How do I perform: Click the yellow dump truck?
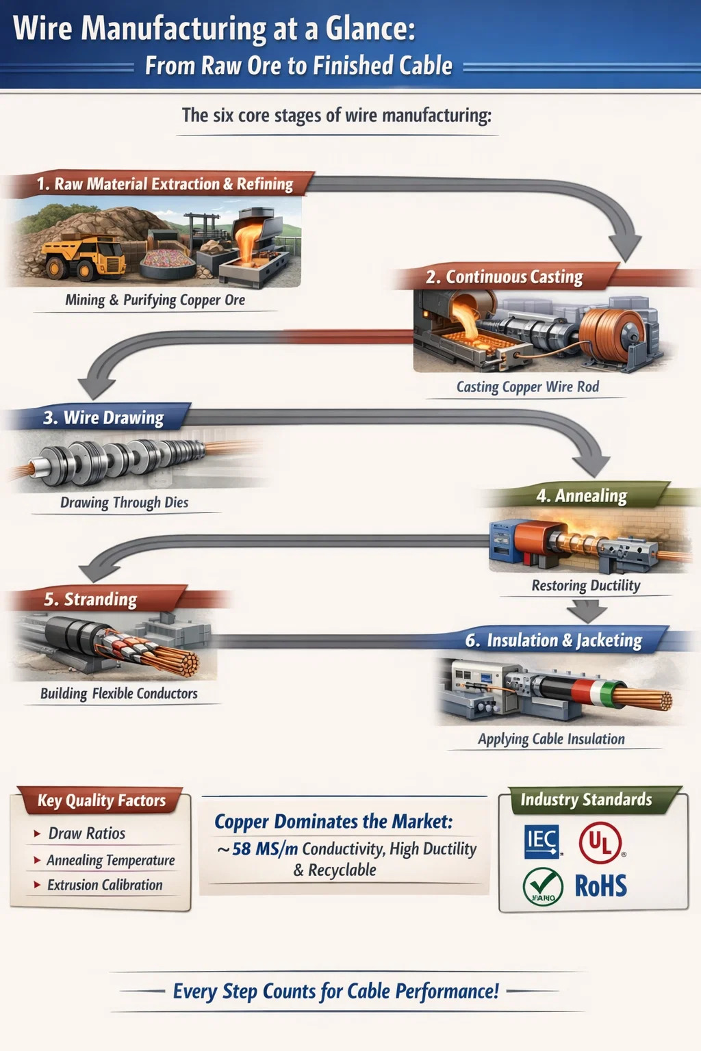coord(83,257)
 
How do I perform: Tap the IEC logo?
coord(541,841)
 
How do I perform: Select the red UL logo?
coord(600,842)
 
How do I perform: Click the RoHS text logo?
coord(600,886)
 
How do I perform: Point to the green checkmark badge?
coord(543,887)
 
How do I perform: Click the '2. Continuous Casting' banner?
coord(504,277)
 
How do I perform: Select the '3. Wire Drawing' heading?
coord(103,418)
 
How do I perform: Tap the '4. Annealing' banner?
coord(581,496)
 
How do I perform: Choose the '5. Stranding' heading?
coord(90,600)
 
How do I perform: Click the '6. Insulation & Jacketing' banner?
coord(554,640)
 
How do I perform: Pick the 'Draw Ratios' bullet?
coord(86,833)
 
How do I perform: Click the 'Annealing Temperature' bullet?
coord(110,860)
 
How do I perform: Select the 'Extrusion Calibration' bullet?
coord(105,885)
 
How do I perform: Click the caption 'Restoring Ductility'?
coord(586,586)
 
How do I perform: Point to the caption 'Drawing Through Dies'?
coord(124,503)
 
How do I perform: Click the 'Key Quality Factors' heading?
coord(101,801)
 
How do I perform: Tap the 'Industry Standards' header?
coord(586,800)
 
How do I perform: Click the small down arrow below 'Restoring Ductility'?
coord(587,611)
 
